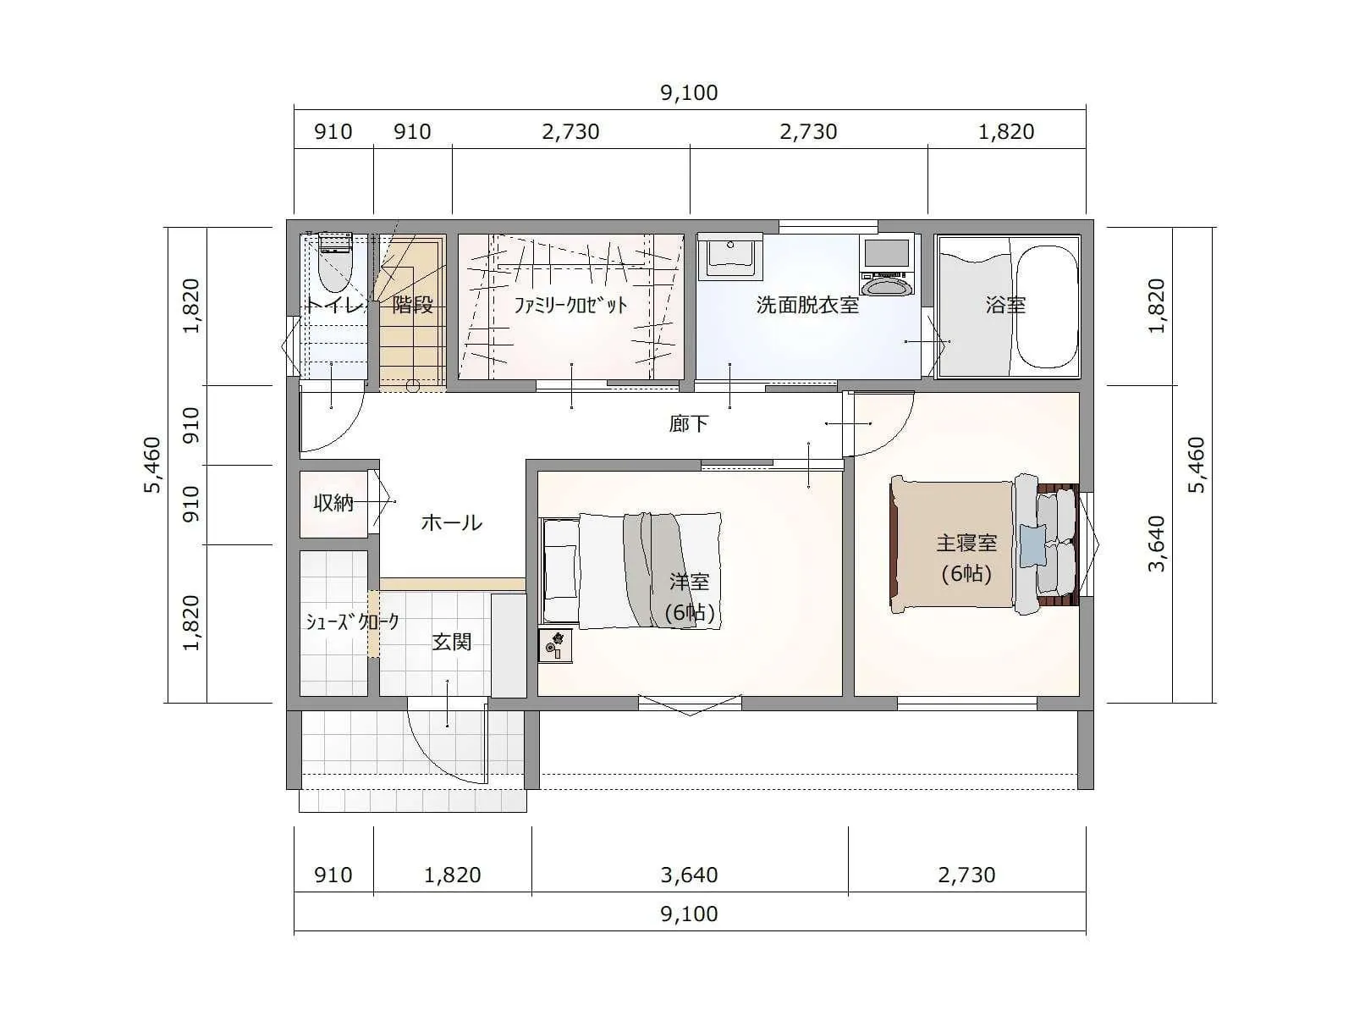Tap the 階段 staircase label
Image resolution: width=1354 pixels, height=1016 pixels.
pos(413,304)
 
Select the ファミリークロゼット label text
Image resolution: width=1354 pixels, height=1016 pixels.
pos(570,305)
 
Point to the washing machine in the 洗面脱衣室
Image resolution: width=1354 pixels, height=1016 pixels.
pos(887,265)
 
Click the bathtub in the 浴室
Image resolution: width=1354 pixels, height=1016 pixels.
pos(1046,306)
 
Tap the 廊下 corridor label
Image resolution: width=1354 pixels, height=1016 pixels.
pos(688,424)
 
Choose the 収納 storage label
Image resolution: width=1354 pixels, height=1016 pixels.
pos(333,503)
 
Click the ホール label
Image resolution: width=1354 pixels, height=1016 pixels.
pos(452,522)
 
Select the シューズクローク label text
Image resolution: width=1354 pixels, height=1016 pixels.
pos(352,621)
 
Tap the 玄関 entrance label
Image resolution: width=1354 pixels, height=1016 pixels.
pos(452,642)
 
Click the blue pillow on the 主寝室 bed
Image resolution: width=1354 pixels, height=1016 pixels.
pos(1033,544)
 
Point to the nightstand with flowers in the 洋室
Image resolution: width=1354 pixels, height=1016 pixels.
pos(555,645)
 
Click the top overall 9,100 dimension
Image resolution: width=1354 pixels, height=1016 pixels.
pos(689,92)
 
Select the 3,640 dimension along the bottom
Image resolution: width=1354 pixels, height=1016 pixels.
pos(689,875)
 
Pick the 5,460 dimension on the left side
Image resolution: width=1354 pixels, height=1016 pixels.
pos(151,465)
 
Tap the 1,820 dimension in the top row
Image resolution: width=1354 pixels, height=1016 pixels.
pos(1006,131)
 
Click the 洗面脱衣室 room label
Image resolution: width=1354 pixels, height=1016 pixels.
pos(807,305)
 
